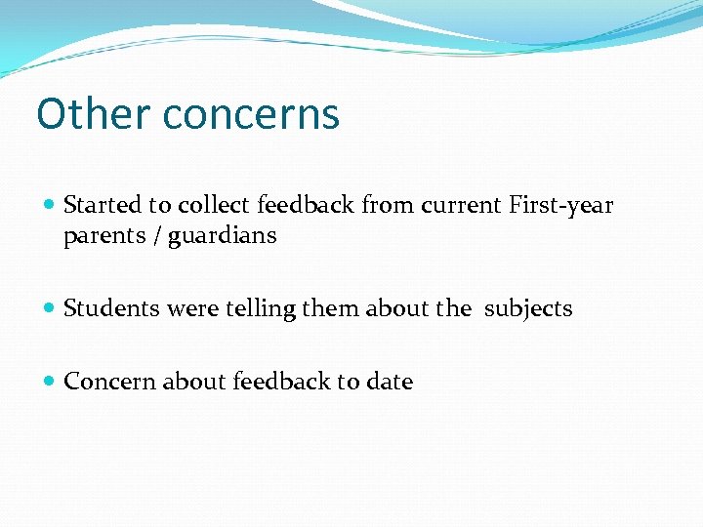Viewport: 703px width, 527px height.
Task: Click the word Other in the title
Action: point(94,114)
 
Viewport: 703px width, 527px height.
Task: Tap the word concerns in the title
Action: point(251,114)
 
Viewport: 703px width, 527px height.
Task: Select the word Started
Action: point(103,205)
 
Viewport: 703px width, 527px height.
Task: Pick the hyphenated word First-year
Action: point(560,206)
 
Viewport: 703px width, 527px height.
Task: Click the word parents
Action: point(101,236)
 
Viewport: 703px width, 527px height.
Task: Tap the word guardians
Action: point(222,236)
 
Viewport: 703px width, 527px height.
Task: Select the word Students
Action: point(109,309)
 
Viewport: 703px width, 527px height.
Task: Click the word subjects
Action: point(528,309)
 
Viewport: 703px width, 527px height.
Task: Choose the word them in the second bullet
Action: point(331,309)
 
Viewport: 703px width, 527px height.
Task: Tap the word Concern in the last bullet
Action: point(103,382)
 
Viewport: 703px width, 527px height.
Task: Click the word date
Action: point(390,382)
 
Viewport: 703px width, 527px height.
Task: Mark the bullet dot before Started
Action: point(50,206)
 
